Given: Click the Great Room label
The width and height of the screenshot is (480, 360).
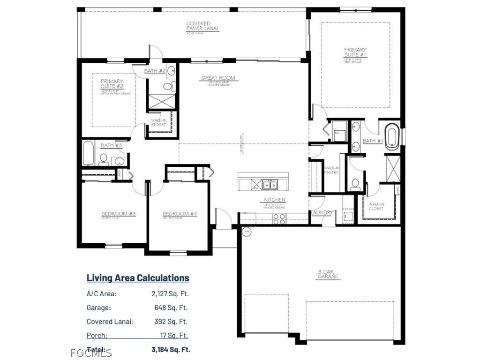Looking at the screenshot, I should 218,78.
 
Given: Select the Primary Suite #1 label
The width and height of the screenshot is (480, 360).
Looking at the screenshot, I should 355,52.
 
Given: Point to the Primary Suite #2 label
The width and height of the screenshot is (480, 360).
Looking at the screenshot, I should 112,84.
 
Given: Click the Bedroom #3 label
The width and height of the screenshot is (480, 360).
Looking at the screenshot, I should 119,214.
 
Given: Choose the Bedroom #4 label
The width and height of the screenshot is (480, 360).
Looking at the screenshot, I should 180,214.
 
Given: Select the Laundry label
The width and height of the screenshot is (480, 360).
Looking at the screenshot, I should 322,213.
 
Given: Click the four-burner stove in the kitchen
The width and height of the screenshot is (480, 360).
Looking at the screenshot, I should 279,218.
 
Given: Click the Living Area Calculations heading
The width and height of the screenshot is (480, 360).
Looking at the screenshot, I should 138,278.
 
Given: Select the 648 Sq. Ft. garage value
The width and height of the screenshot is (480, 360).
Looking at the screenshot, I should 171,308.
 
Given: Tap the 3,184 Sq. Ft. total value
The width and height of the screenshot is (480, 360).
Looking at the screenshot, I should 171,350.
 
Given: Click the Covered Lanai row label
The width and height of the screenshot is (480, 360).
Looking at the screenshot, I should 110,322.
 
